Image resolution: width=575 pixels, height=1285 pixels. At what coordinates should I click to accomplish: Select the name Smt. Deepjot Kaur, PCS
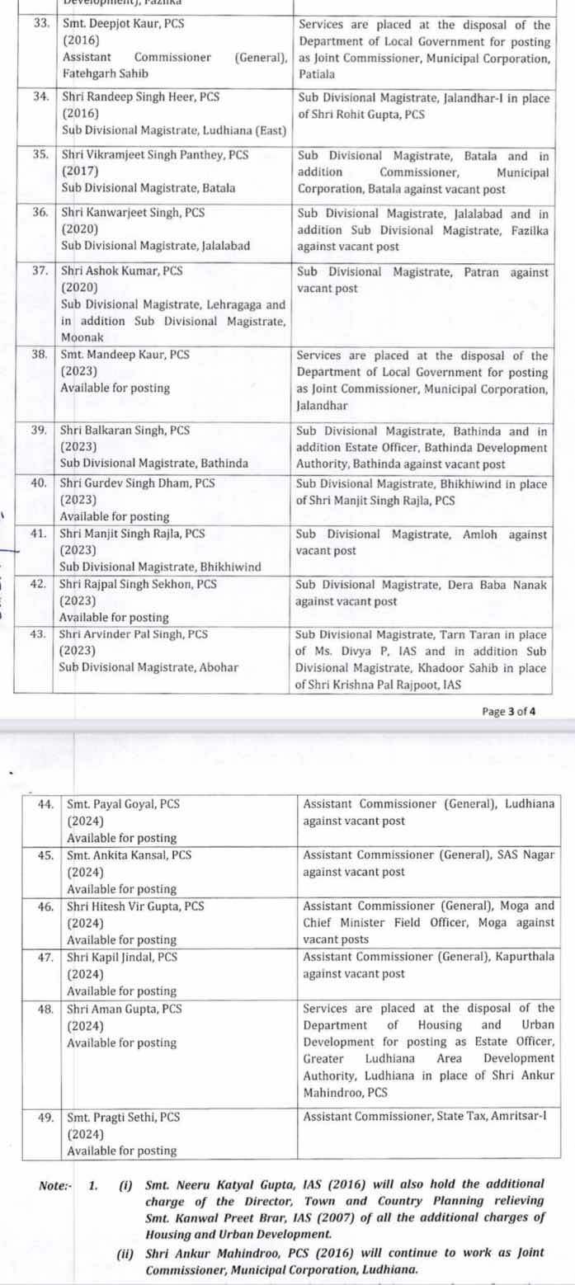pos(123,24)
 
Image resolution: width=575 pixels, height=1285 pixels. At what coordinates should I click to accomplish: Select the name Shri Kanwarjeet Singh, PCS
pos(123,212)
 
